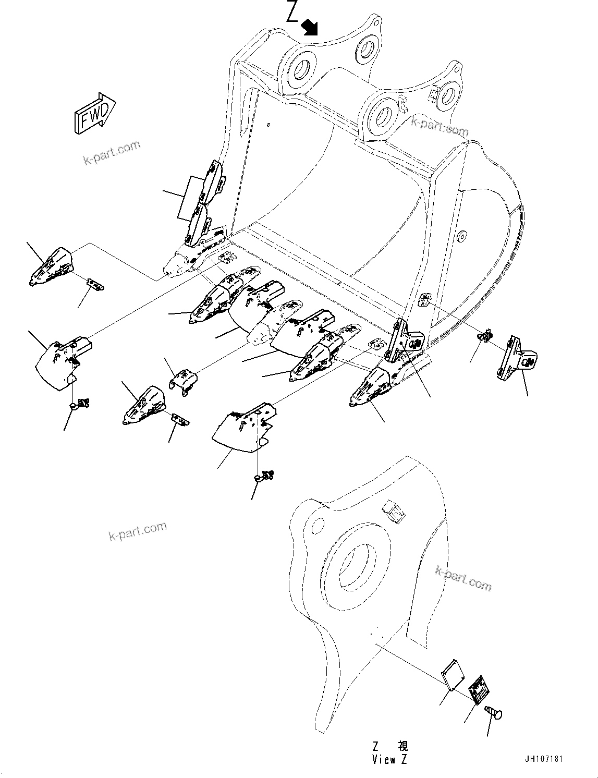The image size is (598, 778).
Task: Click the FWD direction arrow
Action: point(95,113)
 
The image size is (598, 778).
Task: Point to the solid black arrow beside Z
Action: point(310,26)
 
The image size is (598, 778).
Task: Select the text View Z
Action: point(389,759)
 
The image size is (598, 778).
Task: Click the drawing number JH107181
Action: point(544,759)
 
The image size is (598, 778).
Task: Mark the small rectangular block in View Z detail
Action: point(394,512)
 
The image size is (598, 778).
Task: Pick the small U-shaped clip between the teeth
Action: point(184,381)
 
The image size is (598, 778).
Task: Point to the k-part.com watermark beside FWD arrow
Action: point(112,151)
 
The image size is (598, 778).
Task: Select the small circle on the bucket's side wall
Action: point(461,237)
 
